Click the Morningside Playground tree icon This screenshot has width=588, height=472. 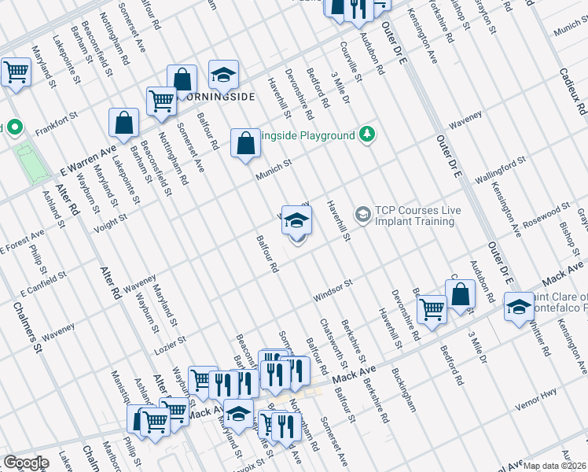point(366,135)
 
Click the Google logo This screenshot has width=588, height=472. point(25,463)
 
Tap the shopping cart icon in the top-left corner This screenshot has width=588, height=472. point(16,72)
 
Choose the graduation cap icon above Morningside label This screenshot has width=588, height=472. point(223,74)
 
